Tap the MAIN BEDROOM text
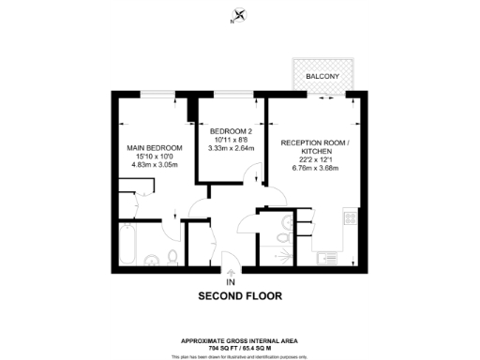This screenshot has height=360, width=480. (x=155, y=148)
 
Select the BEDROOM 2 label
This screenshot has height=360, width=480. (x=230, y=130)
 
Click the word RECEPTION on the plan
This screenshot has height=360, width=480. (x=300, y=142)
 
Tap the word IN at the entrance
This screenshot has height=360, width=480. (x=231, y=281)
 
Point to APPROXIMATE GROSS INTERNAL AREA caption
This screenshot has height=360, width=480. (x=240, y=340)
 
